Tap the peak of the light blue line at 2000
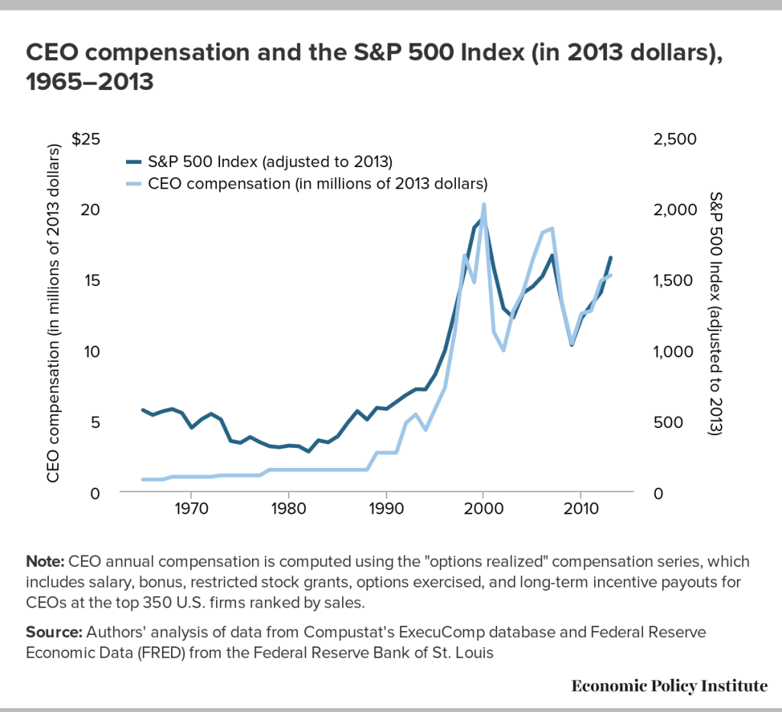(x=483, y=205)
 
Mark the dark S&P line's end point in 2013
(x=610, y=258)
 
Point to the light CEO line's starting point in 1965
(x=142, y=479)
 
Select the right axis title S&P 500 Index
(x=716, y=313)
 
